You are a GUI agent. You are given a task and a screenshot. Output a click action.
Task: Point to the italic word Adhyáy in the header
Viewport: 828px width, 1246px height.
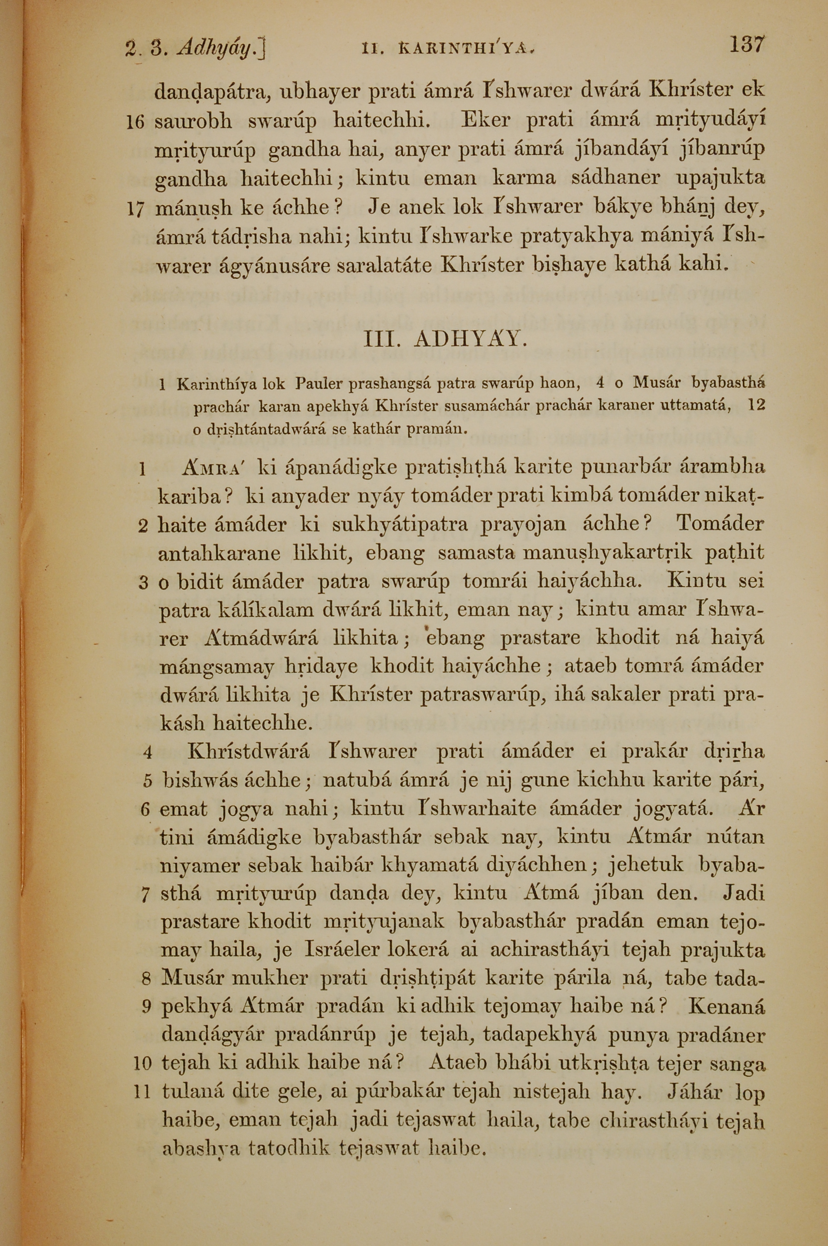pyautogui.click(x=218, y=48)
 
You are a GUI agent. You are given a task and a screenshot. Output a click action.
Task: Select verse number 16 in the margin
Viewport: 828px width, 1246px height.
pyautogui.click(x=135, y=122)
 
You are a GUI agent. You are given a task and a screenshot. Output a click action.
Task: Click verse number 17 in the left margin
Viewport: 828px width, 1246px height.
pyautogui.click(x=135, y=209)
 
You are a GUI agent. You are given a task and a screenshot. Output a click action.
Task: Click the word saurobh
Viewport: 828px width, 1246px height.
pyautogui.click(x=193, y=121)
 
